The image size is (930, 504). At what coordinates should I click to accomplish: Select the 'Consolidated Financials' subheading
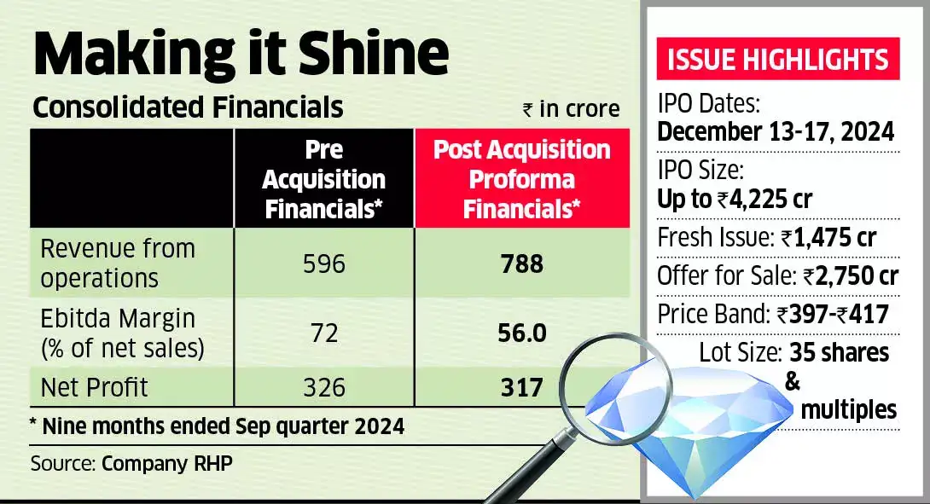[x=187, y=107]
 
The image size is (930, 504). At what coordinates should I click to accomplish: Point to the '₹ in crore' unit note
[x=571, y=109]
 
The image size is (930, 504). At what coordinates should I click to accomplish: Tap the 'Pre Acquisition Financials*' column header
[x=323, y=179]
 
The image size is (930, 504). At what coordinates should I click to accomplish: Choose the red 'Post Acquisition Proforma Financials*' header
[x=522, y=179]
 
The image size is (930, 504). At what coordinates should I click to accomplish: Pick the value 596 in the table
[x=324, y=264]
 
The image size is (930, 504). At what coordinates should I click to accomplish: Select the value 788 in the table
[x=522, y=264]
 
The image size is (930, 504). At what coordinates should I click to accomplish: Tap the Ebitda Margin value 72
[x=324, y=333]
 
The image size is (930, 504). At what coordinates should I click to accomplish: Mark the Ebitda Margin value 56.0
[x=522, y=333]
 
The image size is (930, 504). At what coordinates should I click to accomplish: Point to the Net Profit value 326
[x=324, y=388]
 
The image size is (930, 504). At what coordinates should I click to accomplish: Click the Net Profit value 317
[x=522, y=388]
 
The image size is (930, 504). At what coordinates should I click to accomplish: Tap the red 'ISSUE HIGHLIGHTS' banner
[x=776, y=60]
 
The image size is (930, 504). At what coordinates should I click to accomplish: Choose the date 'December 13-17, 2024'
[x=775, y=132]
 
